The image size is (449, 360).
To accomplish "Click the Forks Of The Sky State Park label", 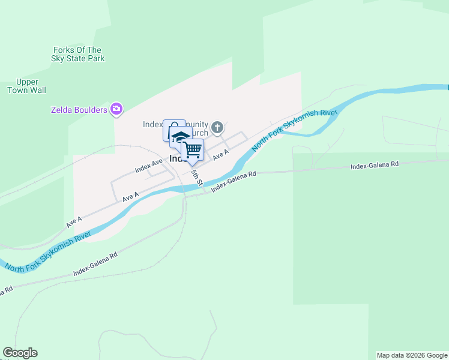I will click(x=79, y=54).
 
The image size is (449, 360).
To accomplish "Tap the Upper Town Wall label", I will click(x=27, y=86).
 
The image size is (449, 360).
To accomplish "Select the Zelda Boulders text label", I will click(x=78, y=110).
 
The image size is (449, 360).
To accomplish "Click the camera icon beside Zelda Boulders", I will click(x=117, y=109).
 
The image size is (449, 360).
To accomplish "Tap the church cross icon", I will click(x=217, y=127).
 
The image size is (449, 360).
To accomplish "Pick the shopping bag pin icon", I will click(x=173, y=130).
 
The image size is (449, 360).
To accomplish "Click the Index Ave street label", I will click(x=149, y=166).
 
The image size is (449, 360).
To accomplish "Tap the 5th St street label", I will click(x=196, y=177).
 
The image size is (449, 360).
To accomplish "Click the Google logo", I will click(x=20, y=353).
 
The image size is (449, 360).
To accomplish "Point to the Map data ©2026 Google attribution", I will click(x=412, y=355).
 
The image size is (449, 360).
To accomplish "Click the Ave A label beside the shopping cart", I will click(x=221, y=154).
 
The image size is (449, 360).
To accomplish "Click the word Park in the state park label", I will click(x=95, y=58).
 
